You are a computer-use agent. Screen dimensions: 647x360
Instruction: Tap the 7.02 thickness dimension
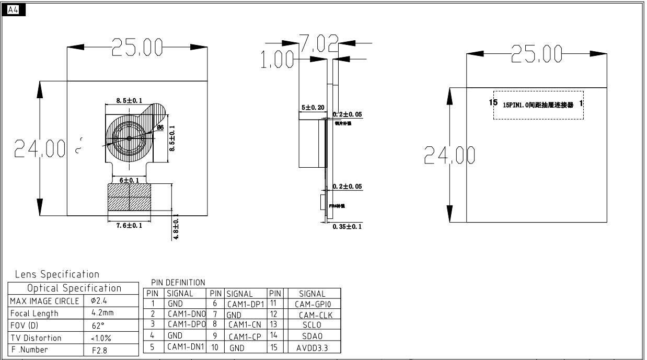318,43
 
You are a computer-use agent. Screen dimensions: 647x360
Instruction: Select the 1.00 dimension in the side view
277,60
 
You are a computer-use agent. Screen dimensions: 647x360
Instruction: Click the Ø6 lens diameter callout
160,127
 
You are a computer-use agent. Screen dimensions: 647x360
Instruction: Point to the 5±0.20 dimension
313,108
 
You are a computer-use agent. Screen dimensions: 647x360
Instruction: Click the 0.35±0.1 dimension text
347,226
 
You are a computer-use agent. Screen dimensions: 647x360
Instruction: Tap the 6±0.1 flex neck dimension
129,180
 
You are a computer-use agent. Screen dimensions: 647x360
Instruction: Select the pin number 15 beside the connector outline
493,102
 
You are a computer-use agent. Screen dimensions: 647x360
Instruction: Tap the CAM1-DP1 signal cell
246,304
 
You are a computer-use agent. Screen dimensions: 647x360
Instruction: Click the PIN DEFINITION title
178,283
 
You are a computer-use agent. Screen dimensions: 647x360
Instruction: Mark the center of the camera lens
129,138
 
